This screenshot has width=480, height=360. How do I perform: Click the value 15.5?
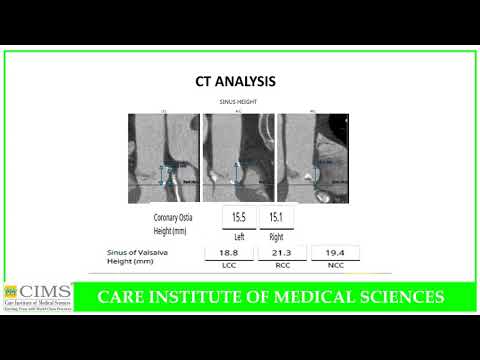239,217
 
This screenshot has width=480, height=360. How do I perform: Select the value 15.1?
276,217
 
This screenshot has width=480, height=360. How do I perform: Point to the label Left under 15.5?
239,236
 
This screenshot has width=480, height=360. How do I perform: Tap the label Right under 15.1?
276,236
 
